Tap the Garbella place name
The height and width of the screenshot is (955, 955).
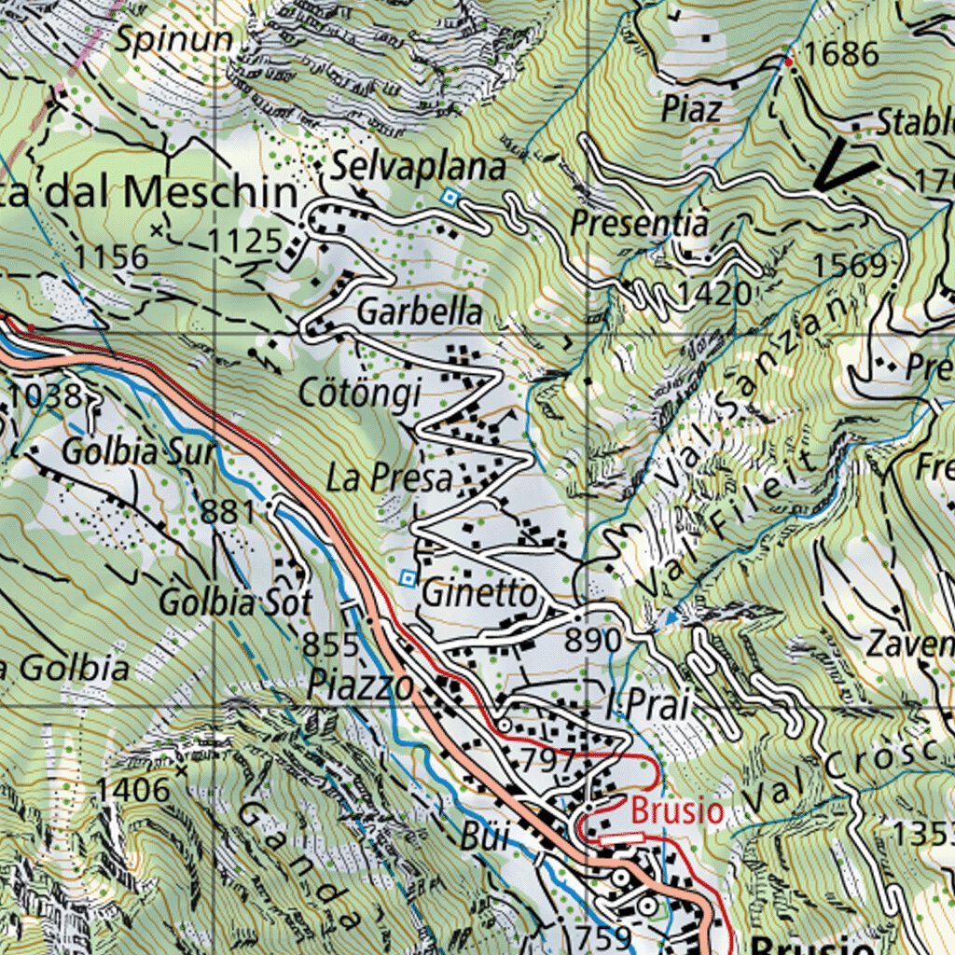[x=420, y=312]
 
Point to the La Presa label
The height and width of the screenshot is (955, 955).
[x=389, y=479]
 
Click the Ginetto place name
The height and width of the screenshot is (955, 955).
[x=479, y=593]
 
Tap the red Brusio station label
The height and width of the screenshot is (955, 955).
[x=677, y=810]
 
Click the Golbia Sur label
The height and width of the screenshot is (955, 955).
[x=138, y=453]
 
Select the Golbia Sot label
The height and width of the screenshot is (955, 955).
[x=234, y=602]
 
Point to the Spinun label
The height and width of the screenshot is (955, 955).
[x=173, y=39]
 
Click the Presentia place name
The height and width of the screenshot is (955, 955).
[x=640, y=224]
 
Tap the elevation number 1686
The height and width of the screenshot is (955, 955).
[x=841, y=55]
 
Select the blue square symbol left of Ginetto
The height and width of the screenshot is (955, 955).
[x=408, y=578]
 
